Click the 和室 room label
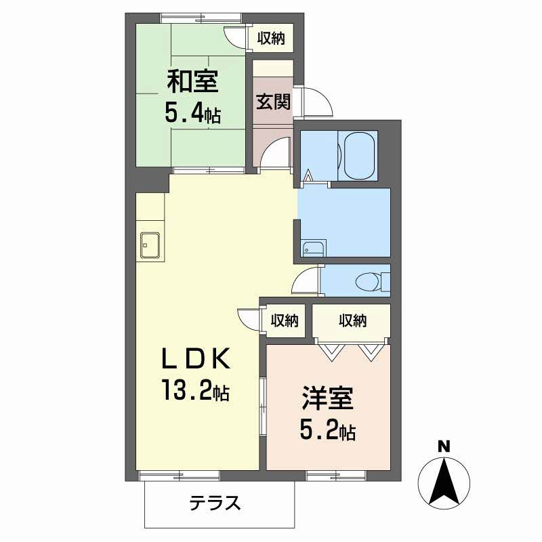[x=192, y=81]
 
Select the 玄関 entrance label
[x=273, y=102]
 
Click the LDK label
[x=196, y=358]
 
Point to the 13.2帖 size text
[x=195, y=390]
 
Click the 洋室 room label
[x=328, y=398]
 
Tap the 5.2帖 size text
[x=328, y=430]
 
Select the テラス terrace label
[x=215, y=503]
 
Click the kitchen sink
[x=150, y=245]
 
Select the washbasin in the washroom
[x=313, y=248]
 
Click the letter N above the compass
[x=444, y=446]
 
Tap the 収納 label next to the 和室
[x=271, y=38]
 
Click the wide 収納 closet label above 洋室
[x=352, y=320]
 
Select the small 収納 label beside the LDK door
[x=285, y=320]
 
